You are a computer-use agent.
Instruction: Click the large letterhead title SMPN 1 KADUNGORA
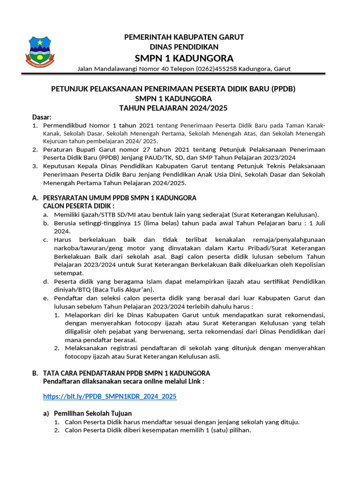click(184, 58)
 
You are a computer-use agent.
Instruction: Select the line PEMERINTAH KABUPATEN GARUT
click(184, 37)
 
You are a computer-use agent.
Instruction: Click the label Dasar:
click(42, 117)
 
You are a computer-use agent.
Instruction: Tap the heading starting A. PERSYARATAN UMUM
click(114, 198)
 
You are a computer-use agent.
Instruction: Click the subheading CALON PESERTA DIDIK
click(78, 206)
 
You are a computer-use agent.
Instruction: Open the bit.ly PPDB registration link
click(110, 397)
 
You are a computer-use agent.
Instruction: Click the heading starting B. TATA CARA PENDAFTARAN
click(120, 373)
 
